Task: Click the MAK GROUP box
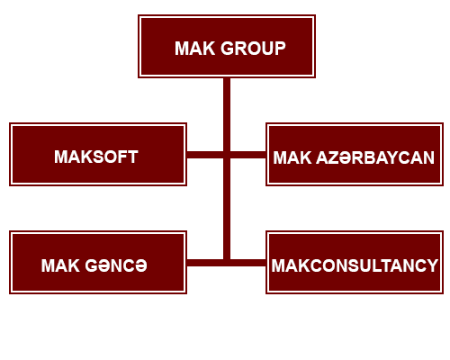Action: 227,46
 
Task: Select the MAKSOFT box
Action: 98,154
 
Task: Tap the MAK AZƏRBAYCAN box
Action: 355,154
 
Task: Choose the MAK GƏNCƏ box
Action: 98,262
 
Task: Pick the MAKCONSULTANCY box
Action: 355,262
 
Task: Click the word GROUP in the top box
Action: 253,49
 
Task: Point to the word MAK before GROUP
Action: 195,49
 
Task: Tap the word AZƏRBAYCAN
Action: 375,157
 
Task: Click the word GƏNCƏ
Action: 116,265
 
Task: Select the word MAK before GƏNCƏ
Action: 60,265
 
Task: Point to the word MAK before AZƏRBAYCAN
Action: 292,157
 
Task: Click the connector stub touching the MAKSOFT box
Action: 205,155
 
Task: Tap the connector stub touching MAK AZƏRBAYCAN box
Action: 248,155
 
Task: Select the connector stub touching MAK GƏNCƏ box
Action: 205,263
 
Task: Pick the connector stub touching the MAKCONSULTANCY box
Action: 248,263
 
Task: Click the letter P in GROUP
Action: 280,49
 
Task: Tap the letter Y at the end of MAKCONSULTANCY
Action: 432,265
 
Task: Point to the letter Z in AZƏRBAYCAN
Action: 336,157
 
